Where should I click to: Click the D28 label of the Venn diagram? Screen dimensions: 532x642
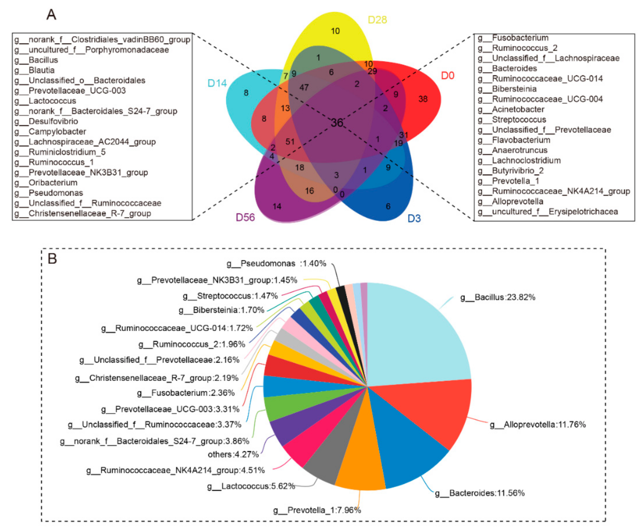coord(377,20)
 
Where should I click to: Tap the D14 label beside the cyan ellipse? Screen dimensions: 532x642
coord(217,83)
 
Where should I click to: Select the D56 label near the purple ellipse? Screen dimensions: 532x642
coord(245,217)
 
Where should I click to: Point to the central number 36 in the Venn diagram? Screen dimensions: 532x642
coord(337,123)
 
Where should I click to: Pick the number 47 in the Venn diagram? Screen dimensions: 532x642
coord(304,88)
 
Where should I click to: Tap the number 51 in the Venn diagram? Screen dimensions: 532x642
coord(290,142)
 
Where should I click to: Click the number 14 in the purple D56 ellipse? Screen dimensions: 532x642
coord(277,207)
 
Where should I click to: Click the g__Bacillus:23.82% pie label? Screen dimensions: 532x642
coord(498,297)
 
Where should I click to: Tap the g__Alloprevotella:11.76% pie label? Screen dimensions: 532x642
coord(538,424)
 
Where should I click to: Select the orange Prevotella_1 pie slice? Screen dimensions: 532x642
coord(361,464)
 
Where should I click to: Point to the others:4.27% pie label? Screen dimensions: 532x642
coord(233,454)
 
